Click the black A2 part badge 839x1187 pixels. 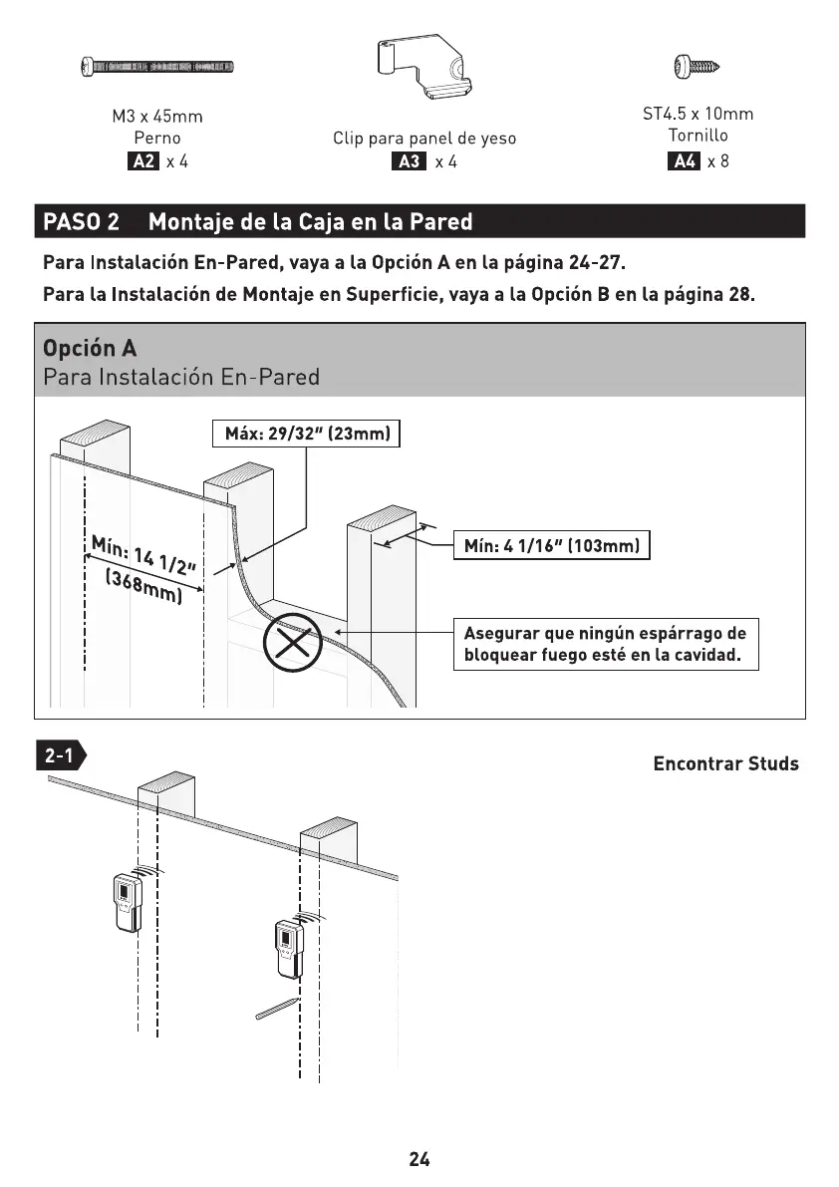[x=142, y=161]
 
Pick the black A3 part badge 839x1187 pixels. [x=409, y=162]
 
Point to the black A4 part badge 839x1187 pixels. [x=684, y=161]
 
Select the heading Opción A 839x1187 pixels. [x=90, y=349]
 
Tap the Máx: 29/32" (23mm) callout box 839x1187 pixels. [x=306, y=435]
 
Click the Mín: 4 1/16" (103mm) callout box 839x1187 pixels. [x=551, y=546]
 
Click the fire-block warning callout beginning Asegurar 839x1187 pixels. [x=605, y=645]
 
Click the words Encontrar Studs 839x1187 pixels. [x=725, y=764]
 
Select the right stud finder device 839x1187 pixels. [x=288, y=949]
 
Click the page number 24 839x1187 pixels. [x=419, y=1159]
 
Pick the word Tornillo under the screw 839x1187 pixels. [x=698, y=135]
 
